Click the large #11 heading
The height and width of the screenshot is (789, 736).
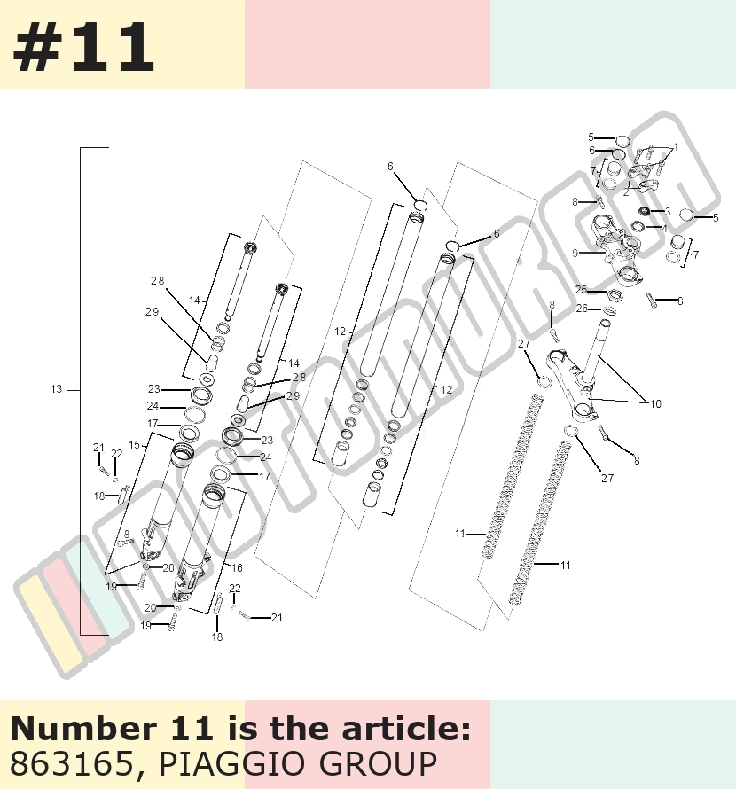pos(83,48)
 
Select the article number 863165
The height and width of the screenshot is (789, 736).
pos(70,764)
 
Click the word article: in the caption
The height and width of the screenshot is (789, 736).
pos(407,728)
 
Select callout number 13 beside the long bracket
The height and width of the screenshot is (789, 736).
pos(57,389)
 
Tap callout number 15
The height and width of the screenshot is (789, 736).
pos(135,445)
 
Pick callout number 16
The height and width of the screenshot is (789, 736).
pos(237,567)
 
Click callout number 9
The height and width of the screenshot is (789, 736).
pos(575,254)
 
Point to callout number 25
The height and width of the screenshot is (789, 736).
pos(581,290)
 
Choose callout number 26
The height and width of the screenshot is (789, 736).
pos(582,308)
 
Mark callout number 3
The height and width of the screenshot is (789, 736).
pos(668,211)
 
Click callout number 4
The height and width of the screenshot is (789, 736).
pos(664,229)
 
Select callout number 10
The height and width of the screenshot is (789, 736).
pos(655,403)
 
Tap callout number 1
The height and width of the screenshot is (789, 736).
pos(676,147)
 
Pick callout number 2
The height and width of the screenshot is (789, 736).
pos(626,192)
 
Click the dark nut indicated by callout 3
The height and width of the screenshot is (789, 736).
pos(645,210)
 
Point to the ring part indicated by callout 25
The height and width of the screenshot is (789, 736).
pos(615,295)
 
